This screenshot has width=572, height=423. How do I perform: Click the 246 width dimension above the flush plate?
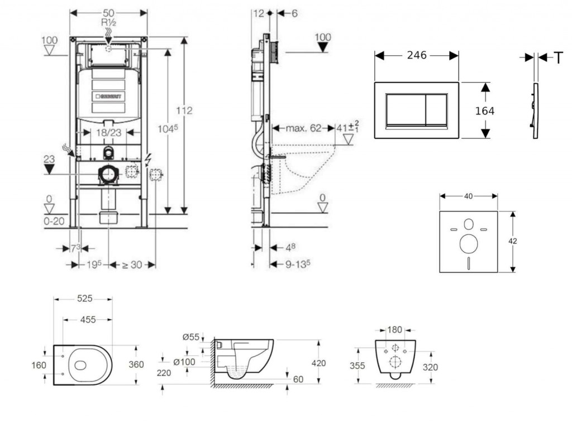(x=416, y=55)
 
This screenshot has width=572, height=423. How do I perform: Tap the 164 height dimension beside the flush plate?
(x=485, y=110)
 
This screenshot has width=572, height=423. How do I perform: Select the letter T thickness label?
(x=558, y=57)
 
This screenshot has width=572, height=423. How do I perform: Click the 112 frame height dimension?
(x=184, y=110)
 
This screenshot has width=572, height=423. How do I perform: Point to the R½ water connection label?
(x=108, y=23)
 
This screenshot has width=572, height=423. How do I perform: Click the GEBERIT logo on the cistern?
(x=108, y=95)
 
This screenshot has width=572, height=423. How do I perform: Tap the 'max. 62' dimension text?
(x=304, y=128)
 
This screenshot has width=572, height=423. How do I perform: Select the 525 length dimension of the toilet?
(x=84, y=299)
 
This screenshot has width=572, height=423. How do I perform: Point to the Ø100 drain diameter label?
(x=184, y=362)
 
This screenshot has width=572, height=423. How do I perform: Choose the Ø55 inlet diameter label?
(x=190, y=337)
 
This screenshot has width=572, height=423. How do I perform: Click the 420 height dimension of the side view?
(x=318, y=363)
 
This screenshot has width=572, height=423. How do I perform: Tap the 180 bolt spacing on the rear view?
(x=395, y=330)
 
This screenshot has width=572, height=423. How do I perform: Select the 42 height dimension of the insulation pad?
(x=513, y=241)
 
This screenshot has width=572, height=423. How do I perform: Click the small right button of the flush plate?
(x=436, y=108)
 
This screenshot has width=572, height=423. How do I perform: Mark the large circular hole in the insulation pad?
(x=468, y=244)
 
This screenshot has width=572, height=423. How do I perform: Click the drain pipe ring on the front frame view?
(x=108, y=175)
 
